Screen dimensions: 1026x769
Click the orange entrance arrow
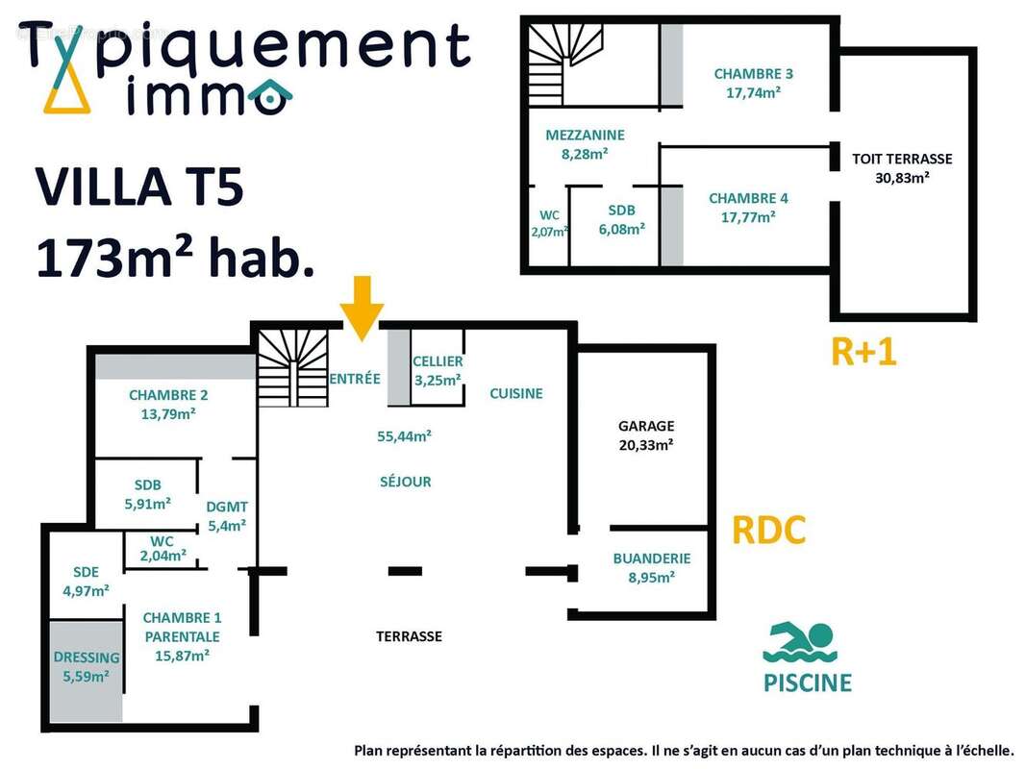point(362,308)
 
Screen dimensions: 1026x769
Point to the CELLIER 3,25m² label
point(438,370)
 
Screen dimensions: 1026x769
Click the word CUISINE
point(516,393)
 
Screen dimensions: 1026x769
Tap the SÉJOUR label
point(406,482)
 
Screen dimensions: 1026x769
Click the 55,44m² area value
point(405,436)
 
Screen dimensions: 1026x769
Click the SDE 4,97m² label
point(86,582)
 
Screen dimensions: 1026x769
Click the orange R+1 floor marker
point(863,352)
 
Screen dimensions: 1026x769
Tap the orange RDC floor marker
point(769,530)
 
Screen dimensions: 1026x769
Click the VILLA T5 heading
point(139,187)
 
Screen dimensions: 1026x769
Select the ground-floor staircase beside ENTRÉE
point(293,367)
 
